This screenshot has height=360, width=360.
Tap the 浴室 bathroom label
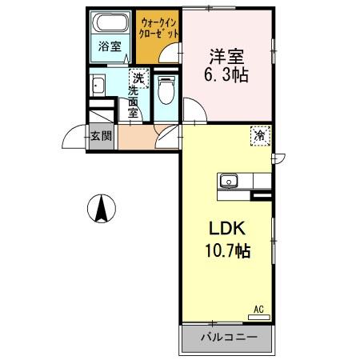[110, 47]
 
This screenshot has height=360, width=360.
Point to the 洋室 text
[226, 58]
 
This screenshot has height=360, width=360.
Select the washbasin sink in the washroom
[99, 86]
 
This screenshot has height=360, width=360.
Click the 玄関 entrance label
[101, 135]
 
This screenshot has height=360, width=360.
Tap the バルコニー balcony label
[229, 337]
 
